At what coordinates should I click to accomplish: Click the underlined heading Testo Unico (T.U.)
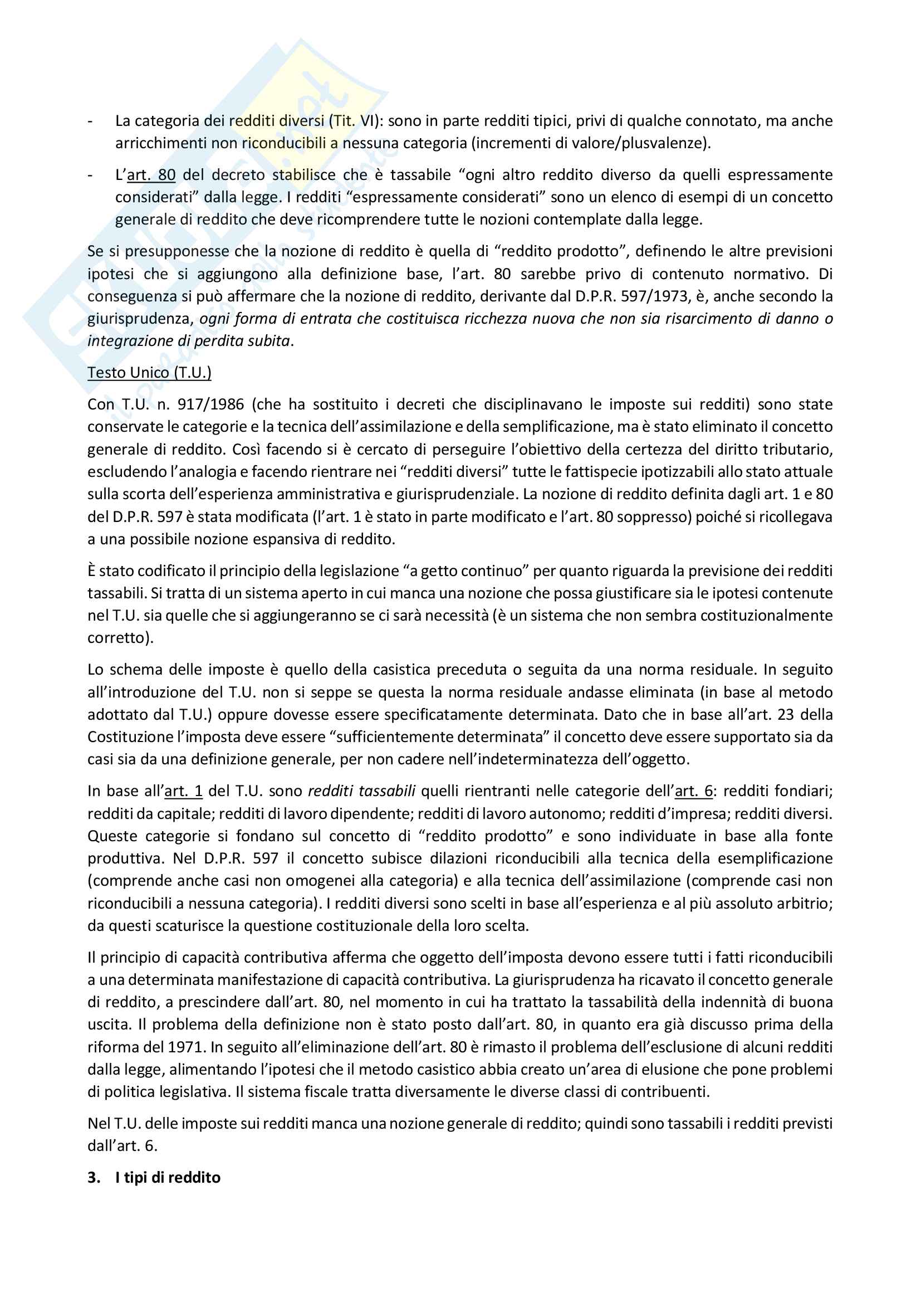tap(149, 372)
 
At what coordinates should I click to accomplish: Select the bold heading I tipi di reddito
tap(167, 1178)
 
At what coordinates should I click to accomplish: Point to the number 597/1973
tap(652, 296)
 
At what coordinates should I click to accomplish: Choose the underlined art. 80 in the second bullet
tap(151, 175)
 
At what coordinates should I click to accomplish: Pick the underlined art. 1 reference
tap(183, 791)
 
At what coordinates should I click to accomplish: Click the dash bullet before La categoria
tap(91, 121)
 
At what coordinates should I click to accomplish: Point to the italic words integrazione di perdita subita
tap(188, 341)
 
